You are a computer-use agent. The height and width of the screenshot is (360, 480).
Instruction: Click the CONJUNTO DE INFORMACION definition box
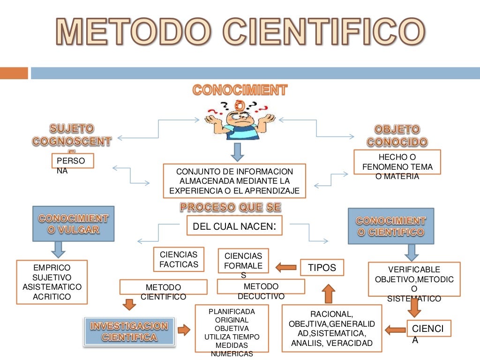tap(234, 181)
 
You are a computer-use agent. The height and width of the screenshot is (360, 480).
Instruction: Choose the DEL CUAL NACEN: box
tap(234, 226)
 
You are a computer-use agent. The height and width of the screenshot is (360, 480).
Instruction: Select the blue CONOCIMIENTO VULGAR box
tap(73, 224)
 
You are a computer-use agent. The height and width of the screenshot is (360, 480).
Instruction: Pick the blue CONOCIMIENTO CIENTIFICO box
tap(390, 226)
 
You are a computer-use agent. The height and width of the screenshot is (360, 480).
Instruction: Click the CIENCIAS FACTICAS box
tap(179, 259)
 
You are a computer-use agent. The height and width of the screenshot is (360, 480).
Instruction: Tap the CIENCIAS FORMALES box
tap(243, 261)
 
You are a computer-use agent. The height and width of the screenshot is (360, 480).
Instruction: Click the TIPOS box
tap(322, 267)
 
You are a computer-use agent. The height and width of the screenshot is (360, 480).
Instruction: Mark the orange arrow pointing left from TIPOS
tap(286, 268)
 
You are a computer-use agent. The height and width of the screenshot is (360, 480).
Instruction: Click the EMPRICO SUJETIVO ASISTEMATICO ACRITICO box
tap(52, 282)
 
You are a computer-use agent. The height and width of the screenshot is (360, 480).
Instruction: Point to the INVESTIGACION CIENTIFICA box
tap(129, 331)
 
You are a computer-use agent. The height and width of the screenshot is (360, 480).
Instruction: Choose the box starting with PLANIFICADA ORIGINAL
tap(232, 328)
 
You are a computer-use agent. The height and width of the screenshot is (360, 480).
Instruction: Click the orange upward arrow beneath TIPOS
tap(329, 293)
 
